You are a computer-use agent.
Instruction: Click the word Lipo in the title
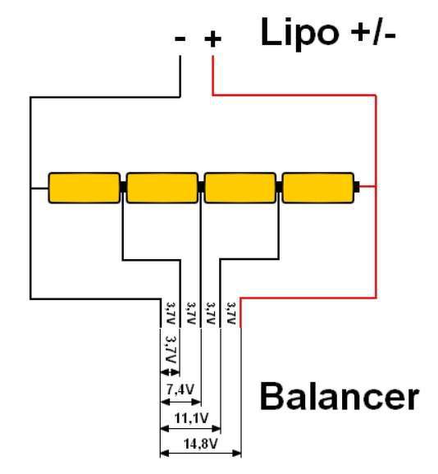(x=299, y=34)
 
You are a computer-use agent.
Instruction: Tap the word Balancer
(x=340, y=396)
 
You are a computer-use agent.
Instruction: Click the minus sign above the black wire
(x=180, y=39)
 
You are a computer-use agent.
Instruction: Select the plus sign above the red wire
(x=212, y=39)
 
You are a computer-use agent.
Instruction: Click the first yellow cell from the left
(x=84, y=188)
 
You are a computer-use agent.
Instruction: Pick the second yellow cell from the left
(x=162, y=188)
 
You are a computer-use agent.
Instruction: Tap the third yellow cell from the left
(x=240, y=188)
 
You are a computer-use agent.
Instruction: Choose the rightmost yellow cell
(x=318, y=188)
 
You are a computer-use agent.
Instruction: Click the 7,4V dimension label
(x=180, y=390)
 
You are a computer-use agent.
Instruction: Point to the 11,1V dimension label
(x=191, y=418)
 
